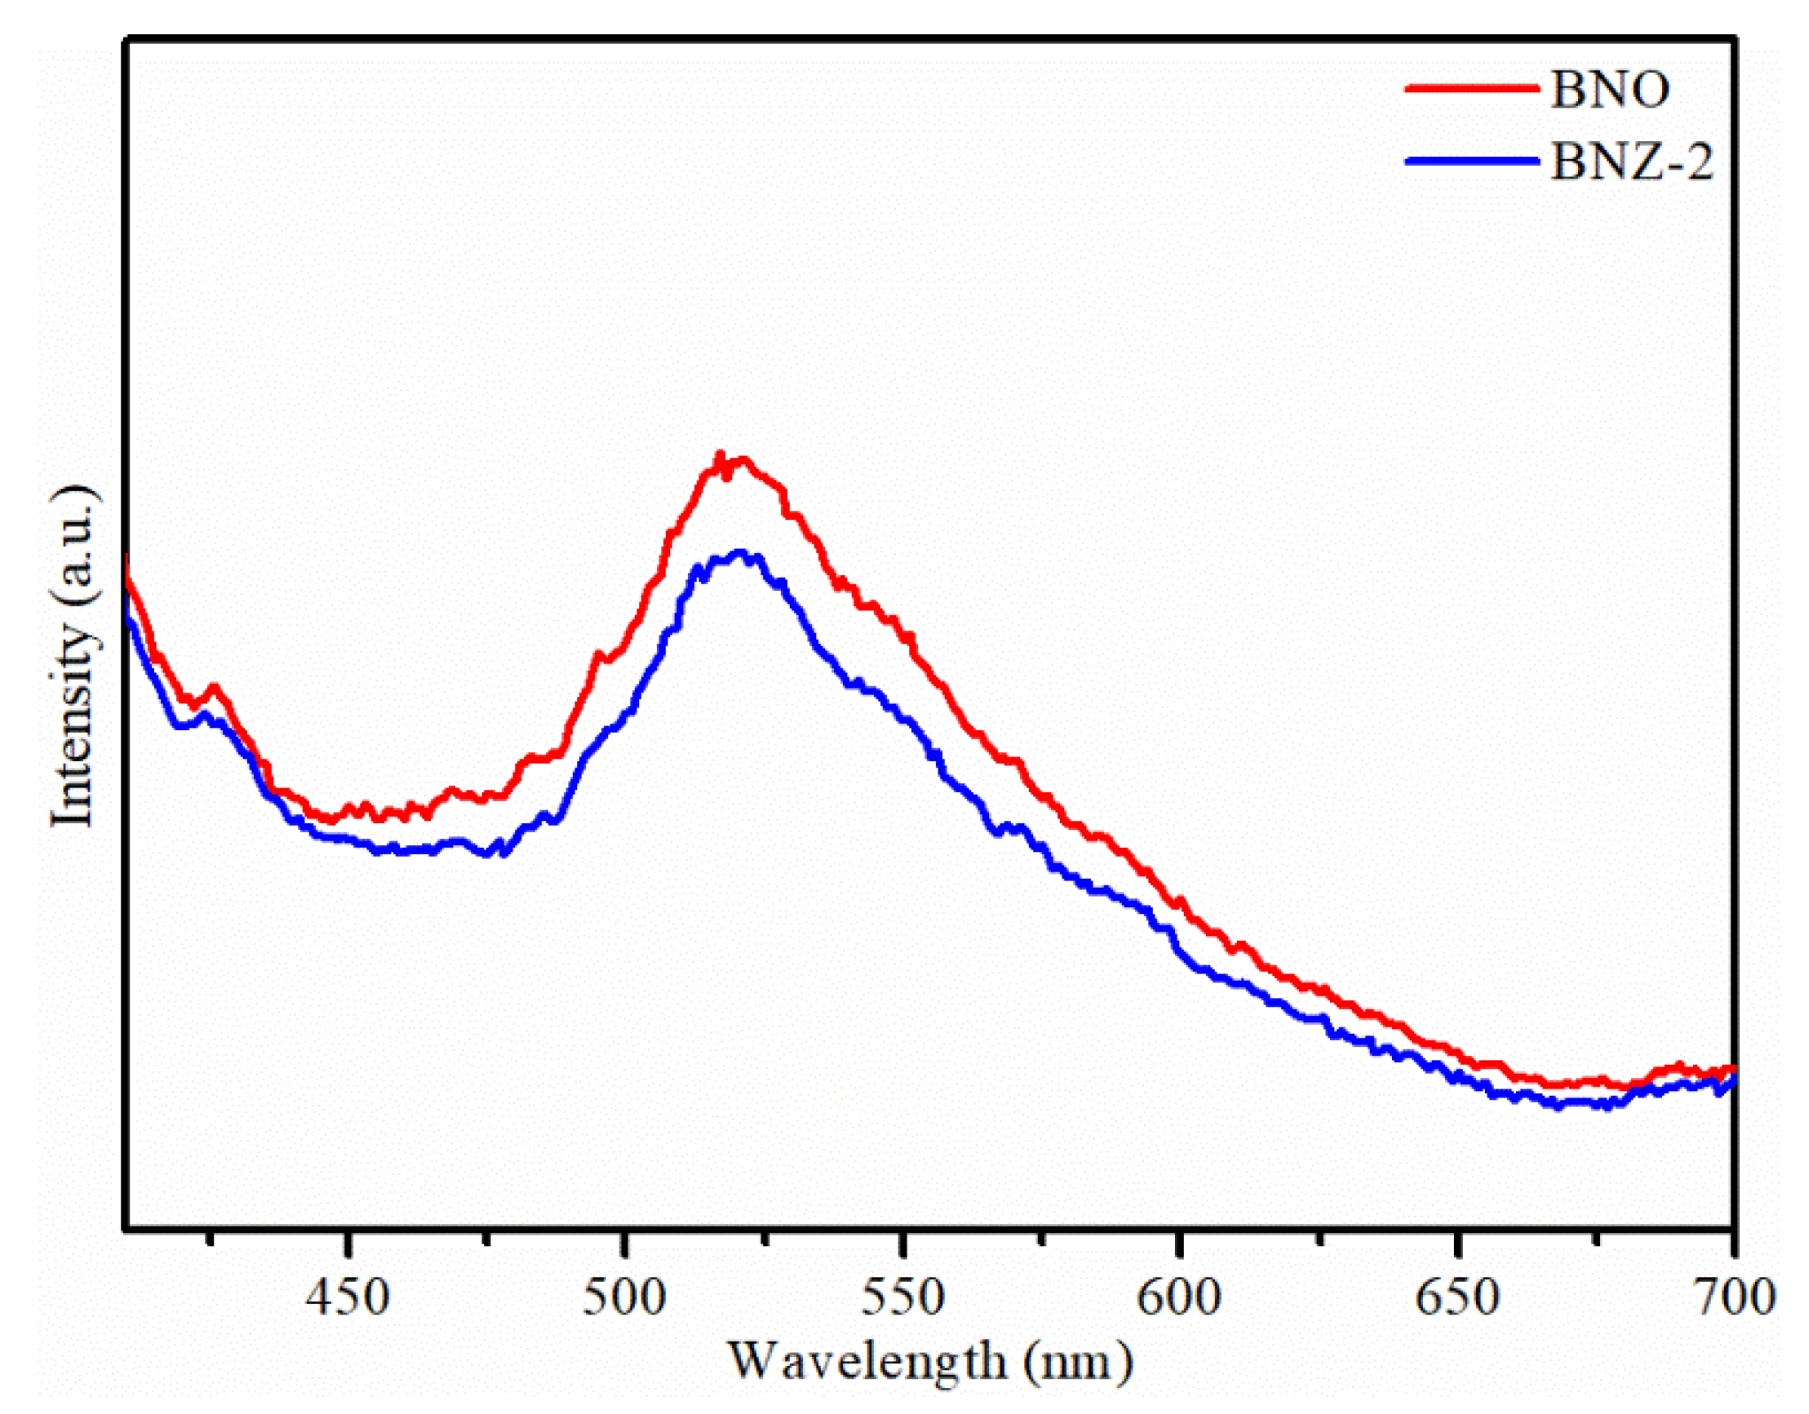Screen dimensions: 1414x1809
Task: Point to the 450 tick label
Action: [x=347, y=1297]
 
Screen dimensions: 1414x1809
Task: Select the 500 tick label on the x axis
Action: [x=623, y=1297]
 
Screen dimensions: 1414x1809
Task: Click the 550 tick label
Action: [x=902, y=1297]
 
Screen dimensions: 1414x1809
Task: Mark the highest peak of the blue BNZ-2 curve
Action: [x=739, y=552]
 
